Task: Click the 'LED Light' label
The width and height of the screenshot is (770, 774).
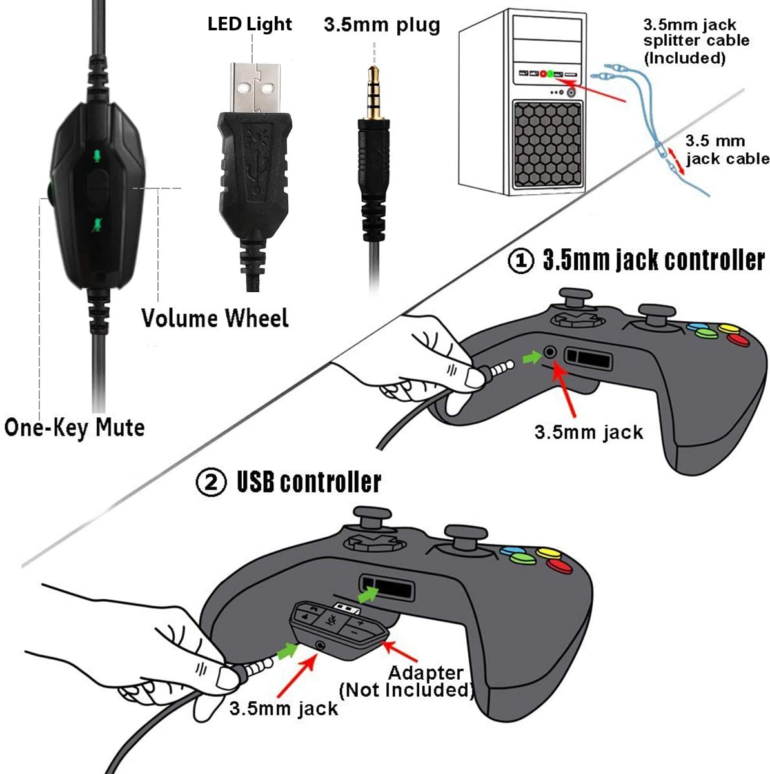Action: (x=250, y=25)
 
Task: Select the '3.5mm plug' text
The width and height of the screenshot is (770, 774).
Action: (x=382, y=25)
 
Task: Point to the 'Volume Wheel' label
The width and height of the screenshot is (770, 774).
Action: (x=215, y=318)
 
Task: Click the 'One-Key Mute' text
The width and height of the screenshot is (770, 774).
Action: (x=74, y=428)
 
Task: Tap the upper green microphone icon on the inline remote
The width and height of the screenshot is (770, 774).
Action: (x=96, y=155)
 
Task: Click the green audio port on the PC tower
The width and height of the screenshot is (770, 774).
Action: (x=550, y=74)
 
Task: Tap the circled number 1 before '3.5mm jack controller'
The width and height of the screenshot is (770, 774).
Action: (x=521, y=261)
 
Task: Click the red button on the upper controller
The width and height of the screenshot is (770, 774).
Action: (x=738, y=340)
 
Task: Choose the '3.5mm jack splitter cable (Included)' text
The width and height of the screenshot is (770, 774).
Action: (x=696, y=41)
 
